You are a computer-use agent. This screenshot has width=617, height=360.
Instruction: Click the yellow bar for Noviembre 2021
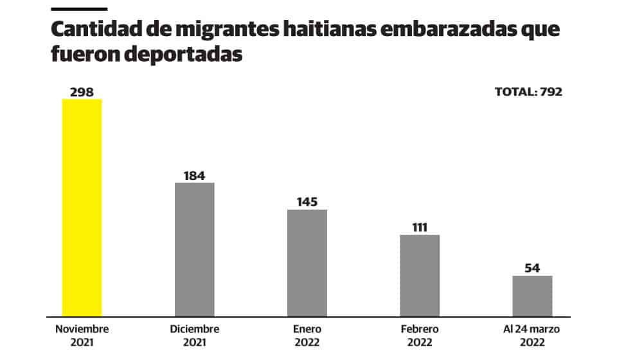[x=82, y=207]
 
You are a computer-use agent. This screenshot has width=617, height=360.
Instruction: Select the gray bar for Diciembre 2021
[x=195, y=249]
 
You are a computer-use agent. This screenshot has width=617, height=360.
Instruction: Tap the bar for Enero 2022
[x=307, y=263]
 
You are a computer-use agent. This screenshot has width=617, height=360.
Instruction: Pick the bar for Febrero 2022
[x=420, y=275]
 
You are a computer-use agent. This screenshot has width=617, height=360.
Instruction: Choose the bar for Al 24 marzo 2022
[x=532, y=296]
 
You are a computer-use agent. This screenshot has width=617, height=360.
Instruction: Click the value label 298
[x=82, y=92]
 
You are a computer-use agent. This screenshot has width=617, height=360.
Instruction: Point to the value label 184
[x=195, y=175]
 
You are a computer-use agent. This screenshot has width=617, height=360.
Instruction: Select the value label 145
[x=307, y=202]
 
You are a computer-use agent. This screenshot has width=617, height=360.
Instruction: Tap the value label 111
[x=420, y=227]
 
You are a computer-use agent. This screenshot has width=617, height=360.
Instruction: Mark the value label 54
[x=532, y=267]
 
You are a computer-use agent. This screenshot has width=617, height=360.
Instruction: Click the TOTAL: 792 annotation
[x=528, y=92]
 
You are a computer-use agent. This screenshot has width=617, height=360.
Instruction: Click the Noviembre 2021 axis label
[x=82, y=335]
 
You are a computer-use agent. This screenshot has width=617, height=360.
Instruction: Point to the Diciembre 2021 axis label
[x=195, y=335]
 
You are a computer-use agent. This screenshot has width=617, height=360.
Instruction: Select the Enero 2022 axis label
[x=307, y=335]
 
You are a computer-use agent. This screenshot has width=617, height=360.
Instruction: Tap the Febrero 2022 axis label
[x=420, y=335]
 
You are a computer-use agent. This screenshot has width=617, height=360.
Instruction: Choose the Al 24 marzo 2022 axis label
[x=532, y=335]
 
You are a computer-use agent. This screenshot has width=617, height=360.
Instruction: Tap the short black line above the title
[x=78, y=8]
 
